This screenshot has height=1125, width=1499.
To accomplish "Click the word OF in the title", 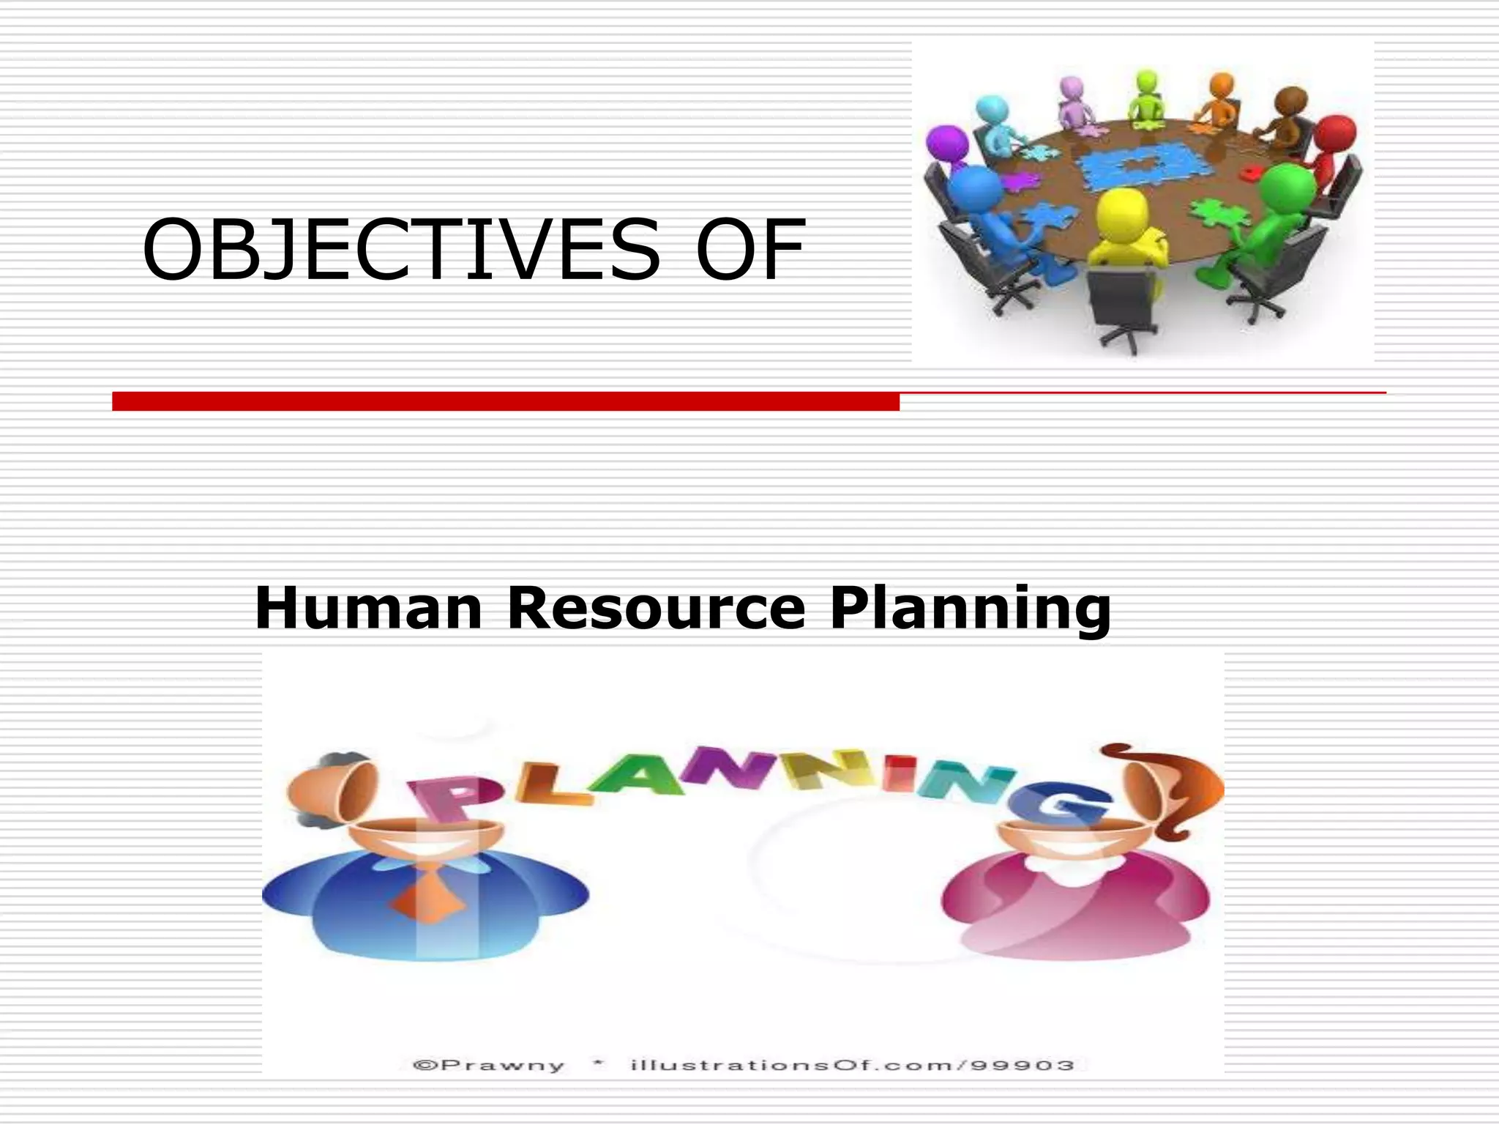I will (x=750, y=250).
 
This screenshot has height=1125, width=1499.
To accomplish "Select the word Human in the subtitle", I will (x=367, y=608).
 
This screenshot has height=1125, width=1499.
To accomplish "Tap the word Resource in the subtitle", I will (x=656, y=608).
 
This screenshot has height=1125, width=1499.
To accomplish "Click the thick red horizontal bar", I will (x=505, y=401).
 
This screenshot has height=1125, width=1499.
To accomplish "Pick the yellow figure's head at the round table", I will (x=1122, y=211).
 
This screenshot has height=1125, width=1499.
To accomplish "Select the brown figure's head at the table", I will (x=1290, y=102).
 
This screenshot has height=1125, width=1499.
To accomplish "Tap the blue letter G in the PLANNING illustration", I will (x=1061, y=804).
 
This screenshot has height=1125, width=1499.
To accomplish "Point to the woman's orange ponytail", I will (x=1189, y=791).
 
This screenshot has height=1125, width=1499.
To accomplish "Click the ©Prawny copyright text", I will (x=489, y=1066).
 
